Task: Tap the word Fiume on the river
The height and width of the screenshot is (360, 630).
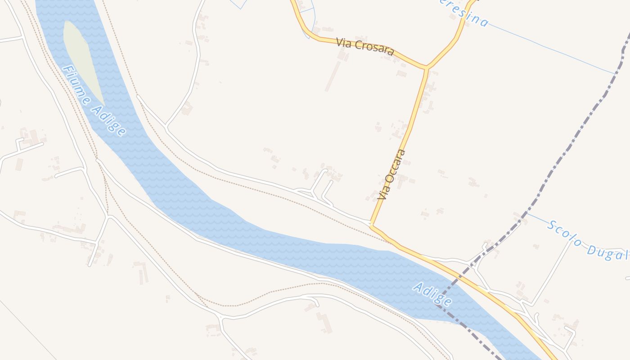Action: pyautogui.click(x=76, y=85)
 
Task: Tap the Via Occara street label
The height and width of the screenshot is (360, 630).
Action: pyautogui.click(x=392, y=175)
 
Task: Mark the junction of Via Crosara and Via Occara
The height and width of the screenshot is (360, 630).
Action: pyautogui.click(x=427, y=68)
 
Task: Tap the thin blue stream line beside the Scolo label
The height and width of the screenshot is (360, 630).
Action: pyautogui.click(x=538, y=218)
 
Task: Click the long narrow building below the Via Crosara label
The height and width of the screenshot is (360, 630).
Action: pyautogui.click(x=333, y=76)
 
